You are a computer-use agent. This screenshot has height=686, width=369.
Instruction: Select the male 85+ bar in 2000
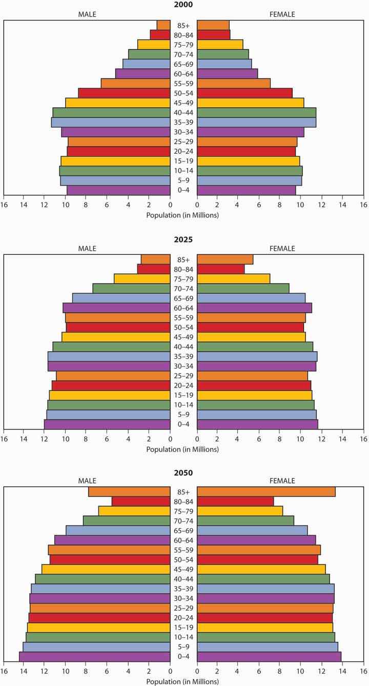pyautogui.click(x=163, y=25)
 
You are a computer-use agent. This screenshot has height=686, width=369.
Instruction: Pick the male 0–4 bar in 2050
pyautogui.click(x=94, y=657)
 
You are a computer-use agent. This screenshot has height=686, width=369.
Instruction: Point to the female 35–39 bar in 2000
pyautogui.click(x=256, y=122)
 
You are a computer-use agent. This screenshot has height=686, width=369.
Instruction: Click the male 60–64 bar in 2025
pyautogui.click(x=116, y=308)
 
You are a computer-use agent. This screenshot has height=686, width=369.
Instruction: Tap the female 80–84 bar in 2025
pyautogui.click(x=221, y=269)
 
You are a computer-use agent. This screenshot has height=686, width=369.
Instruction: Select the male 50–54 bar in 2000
pyautogui.click(x=124, y=93)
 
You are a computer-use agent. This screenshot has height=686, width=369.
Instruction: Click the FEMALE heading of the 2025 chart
pyautogui.click(x=282, y=249)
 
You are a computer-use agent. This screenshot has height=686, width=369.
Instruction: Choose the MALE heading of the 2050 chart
pyautogui.click(x=87, y=481)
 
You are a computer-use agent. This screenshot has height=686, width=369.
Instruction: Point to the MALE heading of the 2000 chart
pyautogui.click(x=87, y=14)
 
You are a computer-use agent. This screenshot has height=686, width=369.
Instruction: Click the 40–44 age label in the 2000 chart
pyautogui.click(x=183, y=112)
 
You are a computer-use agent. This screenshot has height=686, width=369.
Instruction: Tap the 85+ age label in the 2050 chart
pyautogui.click(x=183, y=492)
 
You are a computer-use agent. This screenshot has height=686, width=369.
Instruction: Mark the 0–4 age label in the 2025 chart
pyautogui.click(x=183, y=424)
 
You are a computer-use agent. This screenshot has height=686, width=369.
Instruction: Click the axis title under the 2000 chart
pyautogui.click(x=183, y=215)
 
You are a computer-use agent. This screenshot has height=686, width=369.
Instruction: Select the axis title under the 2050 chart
pyautogui.click(x=183, y=681)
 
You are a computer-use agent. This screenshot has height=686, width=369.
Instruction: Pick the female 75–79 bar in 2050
pyautogui.click(x=240, y=511)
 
